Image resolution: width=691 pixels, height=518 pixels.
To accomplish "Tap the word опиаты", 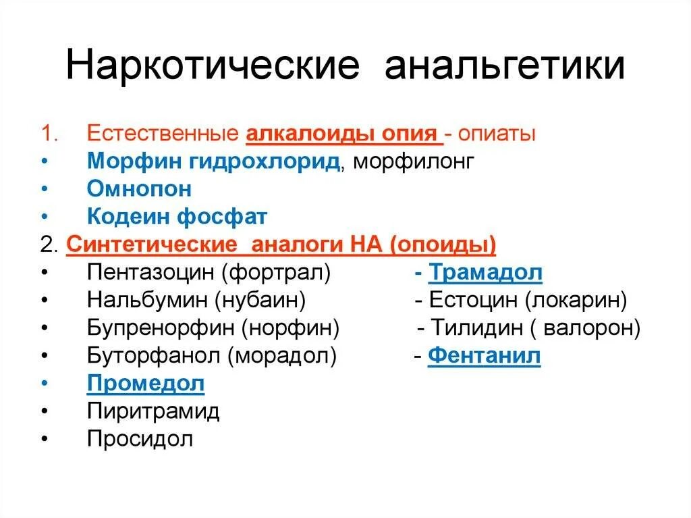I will [499, 133].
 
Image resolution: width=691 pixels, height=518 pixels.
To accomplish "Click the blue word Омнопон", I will [139, 188].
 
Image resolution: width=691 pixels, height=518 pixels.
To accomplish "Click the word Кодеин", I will [129, 217].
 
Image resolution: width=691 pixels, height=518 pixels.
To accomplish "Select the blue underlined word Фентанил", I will [484, 356].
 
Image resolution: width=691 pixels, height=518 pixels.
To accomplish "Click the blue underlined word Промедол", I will [146, 384].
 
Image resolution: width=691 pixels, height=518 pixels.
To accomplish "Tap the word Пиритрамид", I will [153, 411].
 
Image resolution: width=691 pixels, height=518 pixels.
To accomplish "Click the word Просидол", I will [140, 439].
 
